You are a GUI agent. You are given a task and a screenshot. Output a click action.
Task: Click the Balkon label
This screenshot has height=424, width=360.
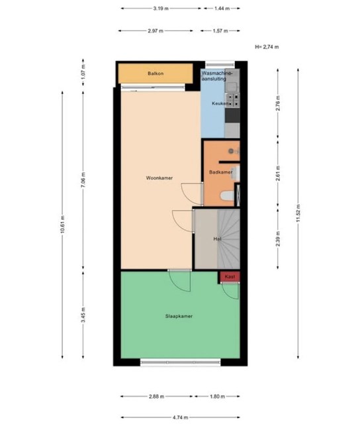point(156,74)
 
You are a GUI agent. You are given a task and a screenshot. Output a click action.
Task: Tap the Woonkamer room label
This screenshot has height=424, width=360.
point(159,178)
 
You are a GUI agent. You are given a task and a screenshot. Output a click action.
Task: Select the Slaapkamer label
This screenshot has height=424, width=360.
point(179,316)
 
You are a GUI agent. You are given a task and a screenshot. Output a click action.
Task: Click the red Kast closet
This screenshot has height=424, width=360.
point(230,277)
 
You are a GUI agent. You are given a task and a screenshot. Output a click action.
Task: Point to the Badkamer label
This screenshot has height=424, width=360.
point(221,172)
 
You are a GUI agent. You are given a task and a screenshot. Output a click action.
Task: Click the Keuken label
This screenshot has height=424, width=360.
point(220,103)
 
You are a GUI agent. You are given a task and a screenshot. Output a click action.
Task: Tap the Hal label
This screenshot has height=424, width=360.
point(218,238)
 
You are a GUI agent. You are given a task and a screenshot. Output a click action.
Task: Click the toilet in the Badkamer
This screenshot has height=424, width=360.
point(227,195)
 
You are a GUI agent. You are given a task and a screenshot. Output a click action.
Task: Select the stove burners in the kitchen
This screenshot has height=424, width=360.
point(232,100)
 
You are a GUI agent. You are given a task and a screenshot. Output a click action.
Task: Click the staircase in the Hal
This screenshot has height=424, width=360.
point(228,239)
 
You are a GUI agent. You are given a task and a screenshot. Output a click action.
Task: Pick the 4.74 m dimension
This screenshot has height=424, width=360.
point(181,417)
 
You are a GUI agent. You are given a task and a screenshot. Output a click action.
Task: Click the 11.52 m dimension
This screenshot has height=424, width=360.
point(298,213)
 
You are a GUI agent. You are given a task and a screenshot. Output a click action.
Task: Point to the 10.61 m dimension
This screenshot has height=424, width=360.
point(62,224)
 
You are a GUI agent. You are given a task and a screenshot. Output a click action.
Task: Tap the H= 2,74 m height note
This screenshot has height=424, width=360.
point(267,47)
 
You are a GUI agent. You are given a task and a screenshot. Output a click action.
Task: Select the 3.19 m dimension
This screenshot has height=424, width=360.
point(161,9)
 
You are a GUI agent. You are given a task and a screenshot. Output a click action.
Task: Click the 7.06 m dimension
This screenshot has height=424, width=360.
point(83,180)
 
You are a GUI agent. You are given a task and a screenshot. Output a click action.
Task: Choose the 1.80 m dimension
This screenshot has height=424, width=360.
point(218,396)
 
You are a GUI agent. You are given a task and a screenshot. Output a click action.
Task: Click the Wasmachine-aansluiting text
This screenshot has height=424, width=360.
point(216,76)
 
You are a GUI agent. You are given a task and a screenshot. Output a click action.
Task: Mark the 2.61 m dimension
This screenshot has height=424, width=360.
point(278,174)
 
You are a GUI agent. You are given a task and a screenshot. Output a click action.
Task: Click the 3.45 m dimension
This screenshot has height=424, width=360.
point(83,315)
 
